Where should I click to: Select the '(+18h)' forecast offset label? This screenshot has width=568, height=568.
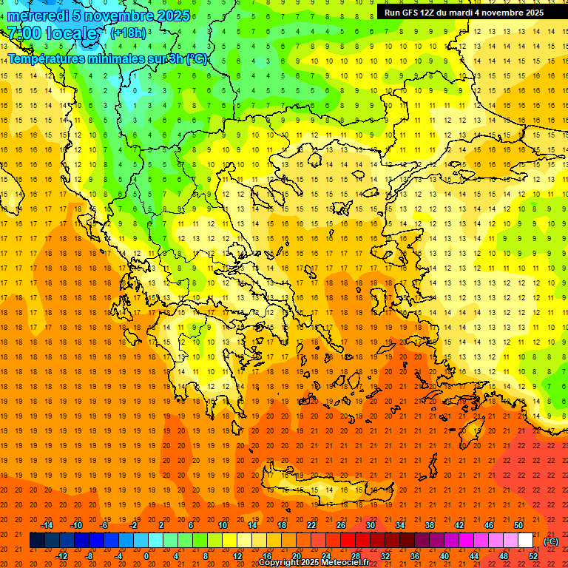[128, 33]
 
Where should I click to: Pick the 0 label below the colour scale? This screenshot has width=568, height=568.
[146, 556]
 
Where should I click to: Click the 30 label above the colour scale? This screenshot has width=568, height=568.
[369, 525]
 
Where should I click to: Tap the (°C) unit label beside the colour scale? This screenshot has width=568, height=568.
[550, 541]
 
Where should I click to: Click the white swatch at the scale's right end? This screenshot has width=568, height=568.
[525, 541]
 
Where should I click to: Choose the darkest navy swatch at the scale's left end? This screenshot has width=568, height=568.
[37, 541]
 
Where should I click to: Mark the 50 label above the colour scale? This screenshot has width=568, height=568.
[518, 525]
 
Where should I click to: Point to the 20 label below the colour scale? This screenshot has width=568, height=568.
[295, 556]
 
